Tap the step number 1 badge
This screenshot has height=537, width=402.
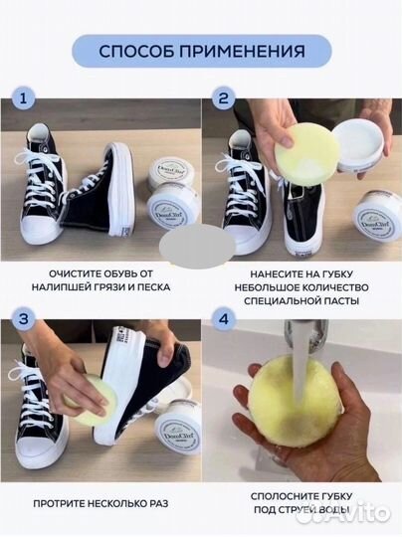pos(23,99)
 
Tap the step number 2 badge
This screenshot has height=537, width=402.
pos(223,99)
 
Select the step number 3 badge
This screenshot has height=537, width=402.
pos(23,319)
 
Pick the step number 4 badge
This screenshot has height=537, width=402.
pos(223,319)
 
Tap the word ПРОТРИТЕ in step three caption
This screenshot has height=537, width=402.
pos(57,504)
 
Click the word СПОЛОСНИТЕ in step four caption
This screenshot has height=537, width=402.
pos(282,496)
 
